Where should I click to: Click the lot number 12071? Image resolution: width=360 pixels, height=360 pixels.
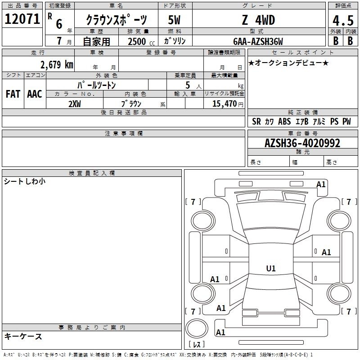click(22, 19)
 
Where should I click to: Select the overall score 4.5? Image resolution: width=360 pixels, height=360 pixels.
click(343, 20)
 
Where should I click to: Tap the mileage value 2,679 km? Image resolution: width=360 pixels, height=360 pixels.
click(57, 65)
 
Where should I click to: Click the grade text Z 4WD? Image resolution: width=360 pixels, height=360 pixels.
click(258, 20)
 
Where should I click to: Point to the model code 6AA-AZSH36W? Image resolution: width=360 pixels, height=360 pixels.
click(258, 41)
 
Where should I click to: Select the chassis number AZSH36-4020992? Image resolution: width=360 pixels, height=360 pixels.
click(302, 143)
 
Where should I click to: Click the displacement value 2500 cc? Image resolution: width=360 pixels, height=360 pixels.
click(141, 41)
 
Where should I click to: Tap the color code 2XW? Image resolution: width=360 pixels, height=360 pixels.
click(75, 104)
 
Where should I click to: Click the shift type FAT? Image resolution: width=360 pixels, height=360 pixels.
click(13, 94)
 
